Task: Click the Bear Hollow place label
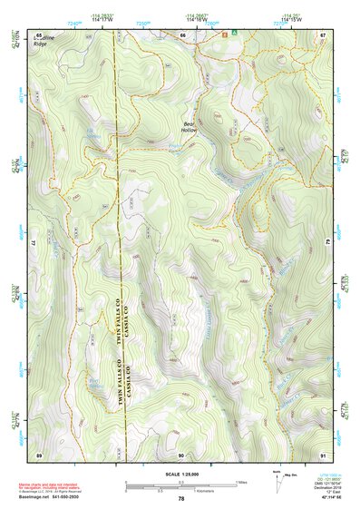(x=190, y=127)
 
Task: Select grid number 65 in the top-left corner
(x=39, y=34)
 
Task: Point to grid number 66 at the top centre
(x=181, y=34)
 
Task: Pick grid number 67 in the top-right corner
(x=322, y=34)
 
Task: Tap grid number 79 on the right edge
(x=326, y=244)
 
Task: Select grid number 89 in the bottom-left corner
(x=39, y=454)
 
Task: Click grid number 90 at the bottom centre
(x=181, y=454)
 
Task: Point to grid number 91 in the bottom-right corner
(x=322, y=454)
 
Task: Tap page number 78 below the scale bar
(x=180, y=498)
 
